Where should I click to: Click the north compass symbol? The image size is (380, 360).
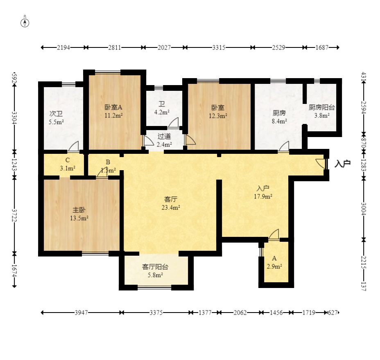25,22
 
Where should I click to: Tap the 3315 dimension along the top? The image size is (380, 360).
219,47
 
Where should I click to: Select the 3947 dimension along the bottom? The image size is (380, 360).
81,313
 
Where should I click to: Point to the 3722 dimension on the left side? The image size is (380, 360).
14,216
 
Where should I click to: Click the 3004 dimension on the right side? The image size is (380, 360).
363,209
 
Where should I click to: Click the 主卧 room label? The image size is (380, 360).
79,210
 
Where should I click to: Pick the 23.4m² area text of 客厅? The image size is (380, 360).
171,207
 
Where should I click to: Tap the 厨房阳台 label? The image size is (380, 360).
322,107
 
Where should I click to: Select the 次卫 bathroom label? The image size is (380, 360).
56,114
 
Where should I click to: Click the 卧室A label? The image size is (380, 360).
113,107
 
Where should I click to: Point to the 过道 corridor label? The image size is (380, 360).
164,136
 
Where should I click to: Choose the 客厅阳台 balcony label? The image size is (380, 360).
155,267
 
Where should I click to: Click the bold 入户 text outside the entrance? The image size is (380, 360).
342,164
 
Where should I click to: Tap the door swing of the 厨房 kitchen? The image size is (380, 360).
284,146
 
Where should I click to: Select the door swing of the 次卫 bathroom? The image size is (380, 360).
73,146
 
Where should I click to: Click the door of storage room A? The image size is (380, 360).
274,234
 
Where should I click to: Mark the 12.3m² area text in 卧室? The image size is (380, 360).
218,116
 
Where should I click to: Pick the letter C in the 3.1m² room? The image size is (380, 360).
68,160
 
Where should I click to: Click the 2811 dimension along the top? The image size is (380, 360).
115,47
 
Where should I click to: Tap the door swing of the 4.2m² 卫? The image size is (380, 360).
173,122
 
